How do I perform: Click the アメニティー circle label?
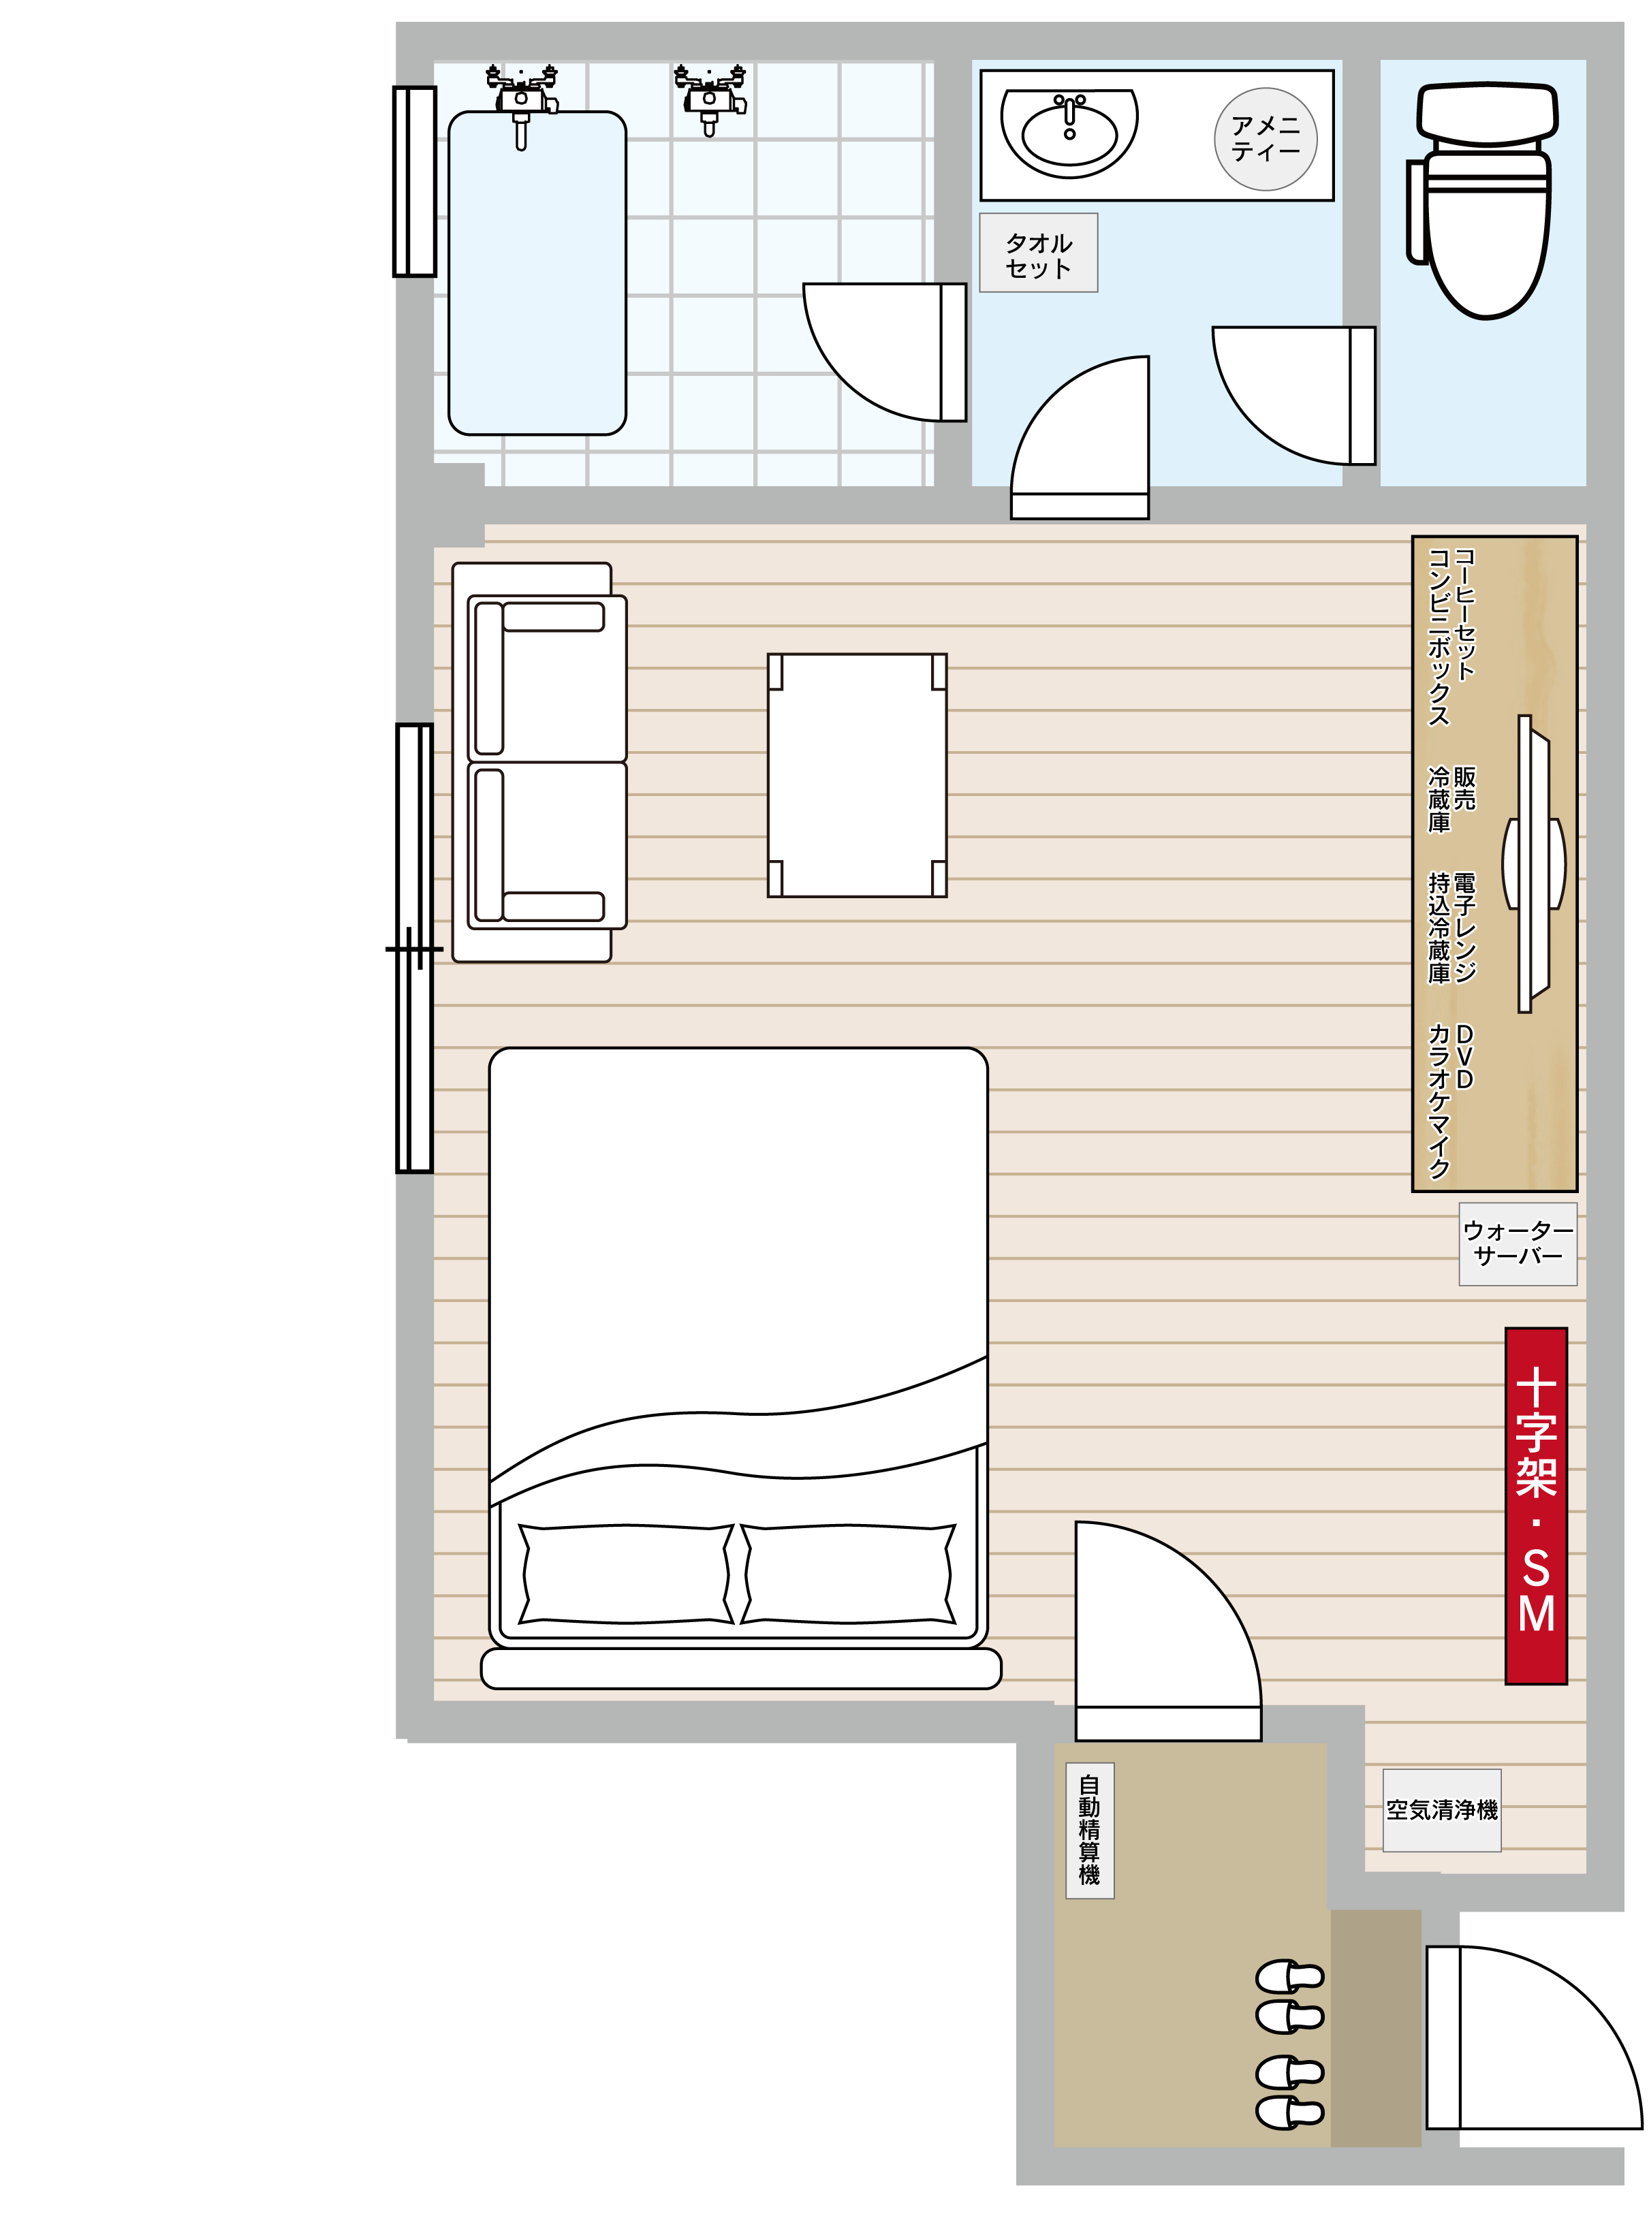click(x=1266, y=139)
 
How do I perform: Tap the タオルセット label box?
click(x=1038, y=253)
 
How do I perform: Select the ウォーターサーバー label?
click(x=1518, y=1244)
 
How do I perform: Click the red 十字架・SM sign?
click(x=1536, y=1506)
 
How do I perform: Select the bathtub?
click(x=537, y=273)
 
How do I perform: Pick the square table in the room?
click(x=856, y=775)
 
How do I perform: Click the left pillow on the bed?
click(x=626, y=1574)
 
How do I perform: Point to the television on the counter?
click(x=1533, y=863)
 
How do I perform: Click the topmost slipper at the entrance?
click(x=1289, y=1977)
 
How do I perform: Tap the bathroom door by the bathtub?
click(x=884, y=352)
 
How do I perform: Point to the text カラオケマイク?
click(x=1439, y=1100)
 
